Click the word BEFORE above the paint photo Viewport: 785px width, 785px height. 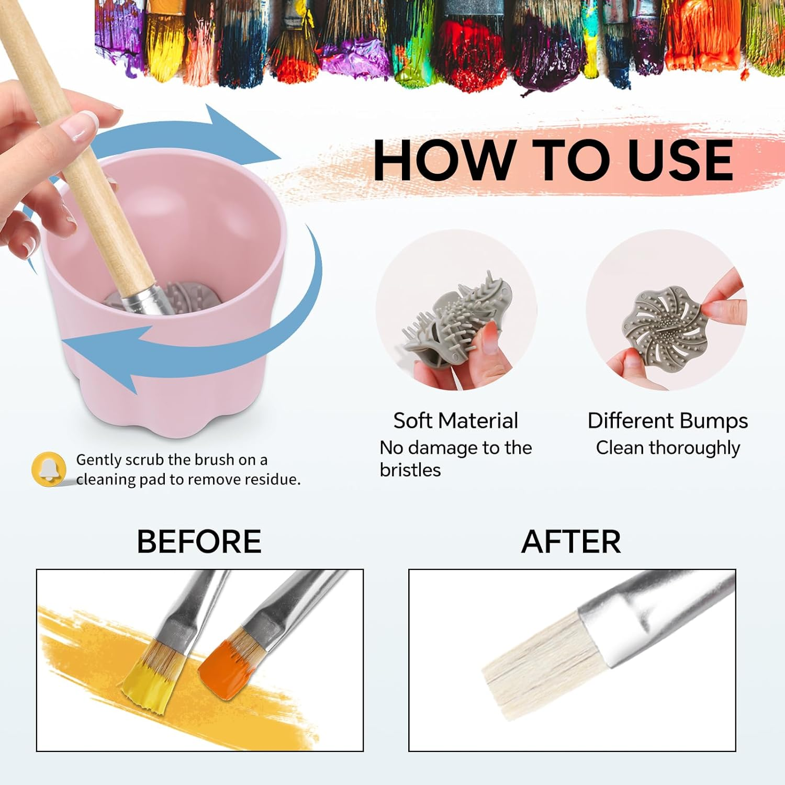point(199,542)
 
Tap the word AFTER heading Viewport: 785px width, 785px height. point(571,542)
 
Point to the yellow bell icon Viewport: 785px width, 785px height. point(49,469)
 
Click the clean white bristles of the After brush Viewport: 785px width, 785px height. point(539,665)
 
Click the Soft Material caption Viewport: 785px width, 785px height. point(455,421)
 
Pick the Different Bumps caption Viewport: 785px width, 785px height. point(668,421)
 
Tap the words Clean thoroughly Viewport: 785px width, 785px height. point(668,448)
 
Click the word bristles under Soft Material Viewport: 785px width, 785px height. point(410,470)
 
